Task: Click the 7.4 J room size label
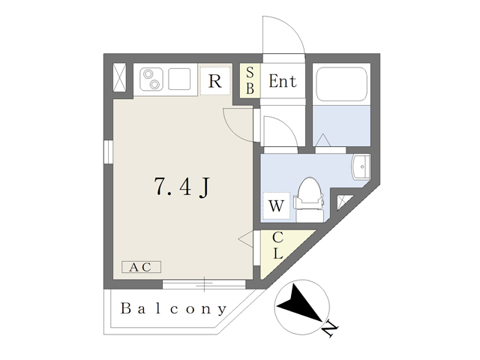click(x=181, y=187)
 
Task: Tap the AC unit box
click(x=141, y=267)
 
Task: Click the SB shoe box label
click(x=250, y=81)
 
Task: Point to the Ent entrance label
click(x=283, y=81)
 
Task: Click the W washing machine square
click(x=274, y=204)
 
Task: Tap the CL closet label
click(x=277, y=245)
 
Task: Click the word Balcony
click(x=173, y=308)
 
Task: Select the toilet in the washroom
click(x=309, y=197)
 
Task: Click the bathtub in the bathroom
click(x=341, y=85)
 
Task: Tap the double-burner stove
click(x=152, y=79)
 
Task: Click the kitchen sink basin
click(x=181, y=79)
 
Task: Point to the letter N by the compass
click(x=328, y=328)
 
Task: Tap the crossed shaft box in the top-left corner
click(x=120, y=79)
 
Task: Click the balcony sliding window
click(x=204, y=283)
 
